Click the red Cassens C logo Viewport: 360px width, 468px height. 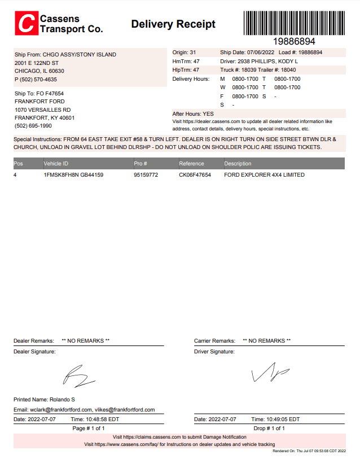point(26,24)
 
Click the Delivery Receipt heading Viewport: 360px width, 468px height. point(173,24)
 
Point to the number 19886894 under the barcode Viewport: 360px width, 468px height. point(294,42)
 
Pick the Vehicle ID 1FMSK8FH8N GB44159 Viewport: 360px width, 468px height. point(73,175)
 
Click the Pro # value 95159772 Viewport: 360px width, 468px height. point(146,175)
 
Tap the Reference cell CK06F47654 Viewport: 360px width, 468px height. point(195,175)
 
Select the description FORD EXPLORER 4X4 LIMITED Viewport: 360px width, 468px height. point(264,175)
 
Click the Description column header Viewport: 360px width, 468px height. point(238,164)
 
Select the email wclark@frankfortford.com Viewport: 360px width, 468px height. point(60,410)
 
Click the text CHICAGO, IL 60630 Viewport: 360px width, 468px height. point(39,71)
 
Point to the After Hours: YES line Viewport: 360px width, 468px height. point(193,113)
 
